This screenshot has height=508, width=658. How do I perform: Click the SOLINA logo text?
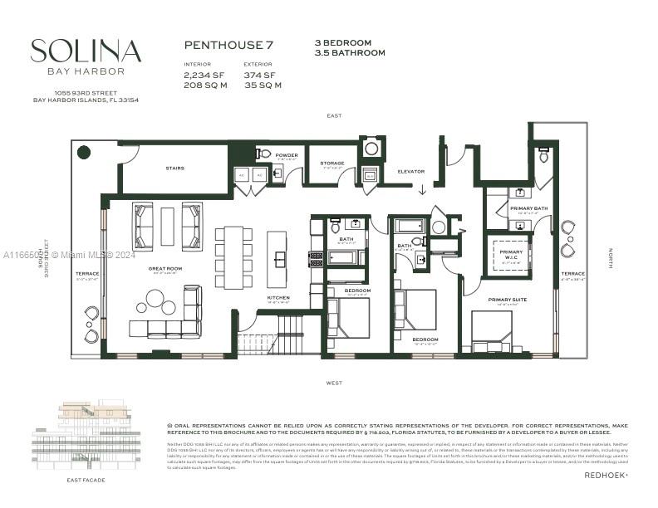[86, 51]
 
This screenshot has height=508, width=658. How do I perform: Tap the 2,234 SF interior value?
[202, 75]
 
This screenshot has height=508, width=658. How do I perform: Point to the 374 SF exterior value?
[259, 75]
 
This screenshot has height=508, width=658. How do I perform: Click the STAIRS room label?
[175, 169]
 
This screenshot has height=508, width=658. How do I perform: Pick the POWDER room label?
[287, 155]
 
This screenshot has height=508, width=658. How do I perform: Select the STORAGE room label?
[332, 164]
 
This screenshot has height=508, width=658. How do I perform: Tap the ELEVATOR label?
[410, 172]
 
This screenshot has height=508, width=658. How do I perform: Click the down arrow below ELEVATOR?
[422, 189]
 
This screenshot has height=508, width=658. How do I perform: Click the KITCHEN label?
[278, 297]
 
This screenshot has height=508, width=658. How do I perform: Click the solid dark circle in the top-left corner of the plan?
[84, 152]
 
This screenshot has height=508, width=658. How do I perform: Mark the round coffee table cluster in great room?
[155, 301]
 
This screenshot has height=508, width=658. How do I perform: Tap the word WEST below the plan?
[334, 383]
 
